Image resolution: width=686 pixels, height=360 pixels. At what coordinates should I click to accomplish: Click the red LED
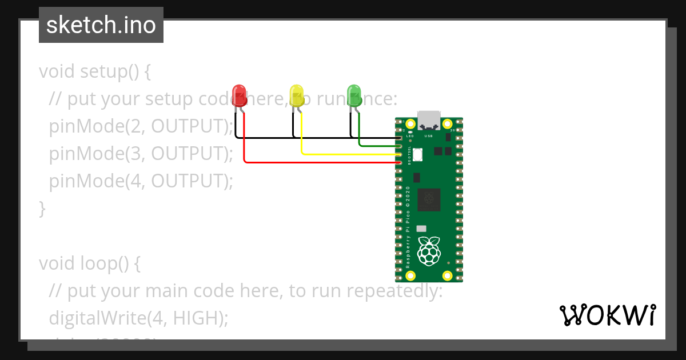[x=240, y=95]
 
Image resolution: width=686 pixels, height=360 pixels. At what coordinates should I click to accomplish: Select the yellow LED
[x=297, y=95]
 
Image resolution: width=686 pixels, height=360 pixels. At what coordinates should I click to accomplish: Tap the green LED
[x=354, y=95]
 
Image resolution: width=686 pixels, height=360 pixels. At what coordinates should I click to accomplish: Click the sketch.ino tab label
[x=101, y=25]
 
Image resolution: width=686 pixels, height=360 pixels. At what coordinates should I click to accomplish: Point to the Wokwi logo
[x=608, y=315]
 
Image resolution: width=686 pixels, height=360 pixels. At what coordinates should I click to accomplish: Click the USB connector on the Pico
[x=429, y=120]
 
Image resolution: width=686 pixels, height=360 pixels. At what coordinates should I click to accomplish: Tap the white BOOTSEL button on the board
[x=417, y=154]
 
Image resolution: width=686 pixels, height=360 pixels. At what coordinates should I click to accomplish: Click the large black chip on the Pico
[x=429, y=199]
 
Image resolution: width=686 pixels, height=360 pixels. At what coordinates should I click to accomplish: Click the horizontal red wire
[x=320, y=162]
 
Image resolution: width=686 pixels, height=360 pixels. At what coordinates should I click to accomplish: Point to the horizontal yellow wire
[x=349, y=154]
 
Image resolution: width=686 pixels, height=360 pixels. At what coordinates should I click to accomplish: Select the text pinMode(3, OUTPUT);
[x=141, y=154]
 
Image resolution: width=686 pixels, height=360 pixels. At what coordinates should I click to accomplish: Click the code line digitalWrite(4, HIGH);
[x=138, y=318]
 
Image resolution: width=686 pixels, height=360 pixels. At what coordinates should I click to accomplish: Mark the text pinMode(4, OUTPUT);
[x=141, y=181]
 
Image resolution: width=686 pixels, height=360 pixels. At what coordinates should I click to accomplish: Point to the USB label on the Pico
[x=428, y=137]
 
